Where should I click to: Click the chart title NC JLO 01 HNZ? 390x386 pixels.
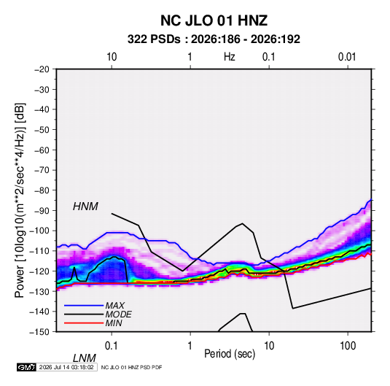coord(214,20)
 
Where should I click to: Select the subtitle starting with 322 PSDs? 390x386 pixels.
coord(214,39)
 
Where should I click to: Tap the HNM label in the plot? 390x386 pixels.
coord(85,206)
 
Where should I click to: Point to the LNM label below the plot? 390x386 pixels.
coord(85,358)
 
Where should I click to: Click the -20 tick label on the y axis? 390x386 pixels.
coord(42,69)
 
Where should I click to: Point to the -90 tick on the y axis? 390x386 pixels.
coord(42,211)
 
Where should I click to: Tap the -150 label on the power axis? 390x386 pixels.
coord(39,332)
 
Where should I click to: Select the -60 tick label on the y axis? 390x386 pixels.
coord(42,150)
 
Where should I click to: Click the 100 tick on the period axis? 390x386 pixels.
coord(348,346)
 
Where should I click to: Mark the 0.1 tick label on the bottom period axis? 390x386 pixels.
coord(112,346)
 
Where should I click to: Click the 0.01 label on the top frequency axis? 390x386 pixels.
coord(347,57)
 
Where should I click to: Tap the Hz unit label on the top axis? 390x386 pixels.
coord(230,57)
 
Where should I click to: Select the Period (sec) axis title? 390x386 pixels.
coord(230,354)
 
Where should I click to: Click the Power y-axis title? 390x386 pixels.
coord(20,201)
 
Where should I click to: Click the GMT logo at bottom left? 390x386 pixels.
coord(26,367)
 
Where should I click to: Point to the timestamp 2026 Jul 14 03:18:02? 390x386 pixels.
coord(66,367)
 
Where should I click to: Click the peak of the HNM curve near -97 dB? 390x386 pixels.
coord(242,223)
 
